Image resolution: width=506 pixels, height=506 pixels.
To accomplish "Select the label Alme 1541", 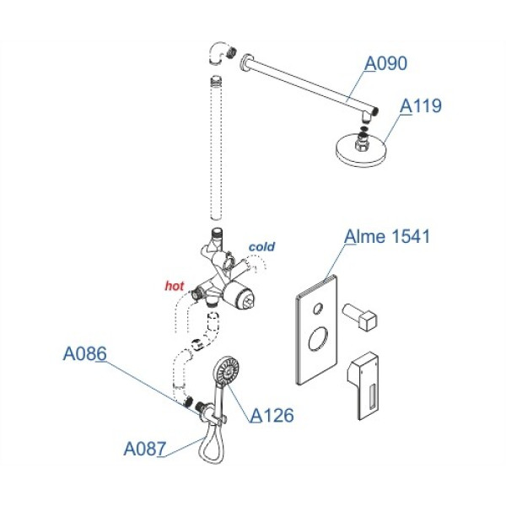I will point(387,237).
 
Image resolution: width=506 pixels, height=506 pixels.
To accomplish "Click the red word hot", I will point(174,287).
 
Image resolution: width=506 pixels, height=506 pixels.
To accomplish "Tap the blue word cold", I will point(261,247).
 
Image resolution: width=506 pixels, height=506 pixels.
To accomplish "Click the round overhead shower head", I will point(363,150).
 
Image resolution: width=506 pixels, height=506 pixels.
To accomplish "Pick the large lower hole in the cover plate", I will point(319,342).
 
